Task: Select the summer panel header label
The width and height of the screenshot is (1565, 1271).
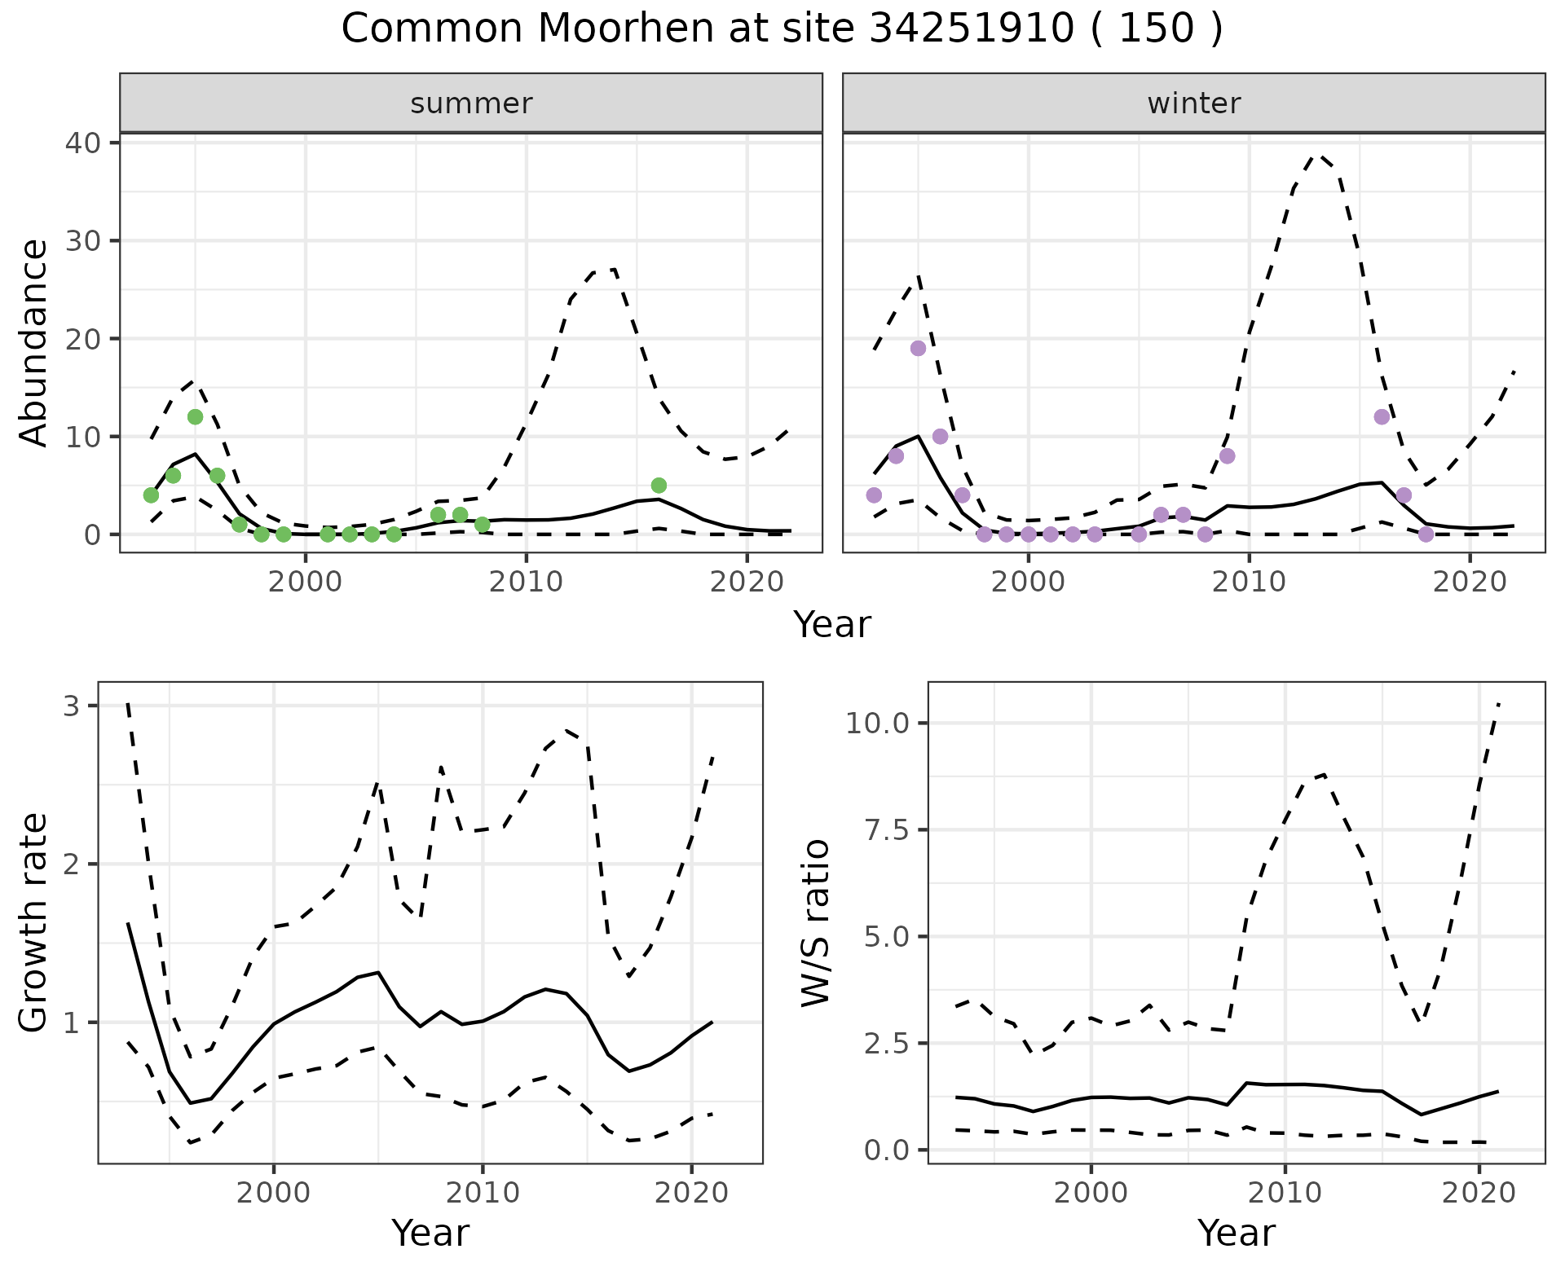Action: pyautogui.click(x=471, y=103)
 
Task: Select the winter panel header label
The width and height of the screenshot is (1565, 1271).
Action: pyautogui.click(x=1193, y=103)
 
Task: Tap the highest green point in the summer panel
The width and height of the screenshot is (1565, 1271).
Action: pyautogui.click(x=195, y=417)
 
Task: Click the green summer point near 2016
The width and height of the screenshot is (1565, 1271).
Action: pyautogui.click(x=659, y=486)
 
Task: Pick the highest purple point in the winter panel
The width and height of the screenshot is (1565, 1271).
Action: pyautogui.click(x=918, y=349)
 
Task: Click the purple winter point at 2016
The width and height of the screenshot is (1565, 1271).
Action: pyautogui.click(x=1382, y=417)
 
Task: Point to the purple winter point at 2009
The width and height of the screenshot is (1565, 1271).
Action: pyautogui.click(x=1228, y=456)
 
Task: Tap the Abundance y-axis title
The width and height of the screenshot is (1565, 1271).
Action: pyautogui.click(x=34, y=342)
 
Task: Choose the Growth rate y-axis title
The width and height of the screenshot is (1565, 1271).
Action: pyautogui.click(x=34, y=923)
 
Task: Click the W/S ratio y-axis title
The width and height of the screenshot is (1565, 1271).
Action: pyautogui.click(x=816, y=923)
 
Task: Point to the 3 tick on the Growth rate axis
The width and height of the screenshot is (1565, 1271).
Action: pyautogui.click(x=72, y=706)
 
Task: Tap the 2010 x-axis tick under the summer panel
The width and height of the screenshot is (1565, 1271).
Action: pyautogui.click(x=526, y=583)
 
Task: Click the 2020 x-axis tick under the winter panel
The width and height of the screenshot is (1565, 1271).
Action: pyautogui.click(x=1469, y=583)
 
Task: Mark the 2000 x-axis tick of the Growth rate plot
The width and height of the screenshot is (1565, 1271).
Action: pyautogui.click(x=274, y=1194)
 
